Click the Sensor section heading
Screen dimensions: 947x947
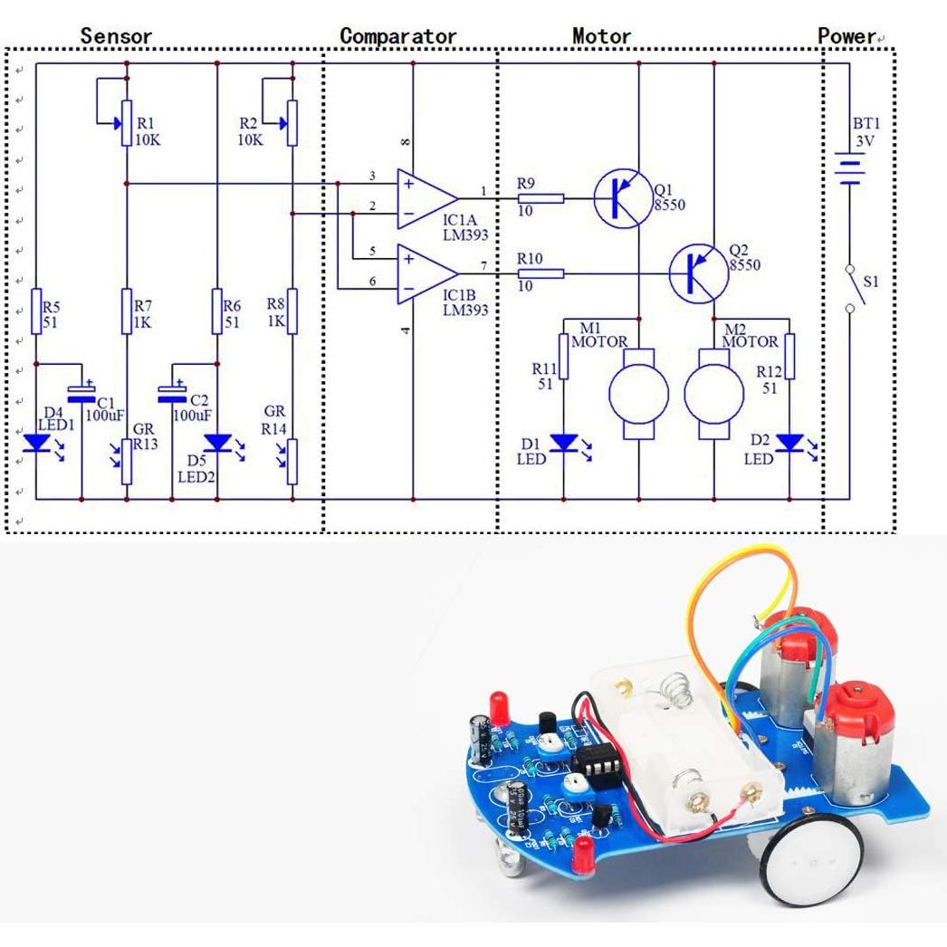[x=116, y=36]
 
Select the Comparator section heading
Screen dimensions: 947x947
[x=398, y=36]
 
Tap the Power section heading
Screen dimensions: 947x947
[x=847, y=36]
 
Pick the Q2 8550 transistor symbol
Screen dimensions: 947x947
[x=698, y=273]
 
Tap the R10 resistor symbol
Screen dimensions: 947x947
[x=540, y=273]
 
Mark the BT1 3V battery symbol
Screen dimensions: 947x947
[x=848, y=168]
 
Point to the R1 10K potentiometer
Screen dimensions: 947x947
[x=126, y=125]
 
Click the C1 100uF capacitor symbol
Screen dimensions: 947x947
[x=82, y=393]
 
